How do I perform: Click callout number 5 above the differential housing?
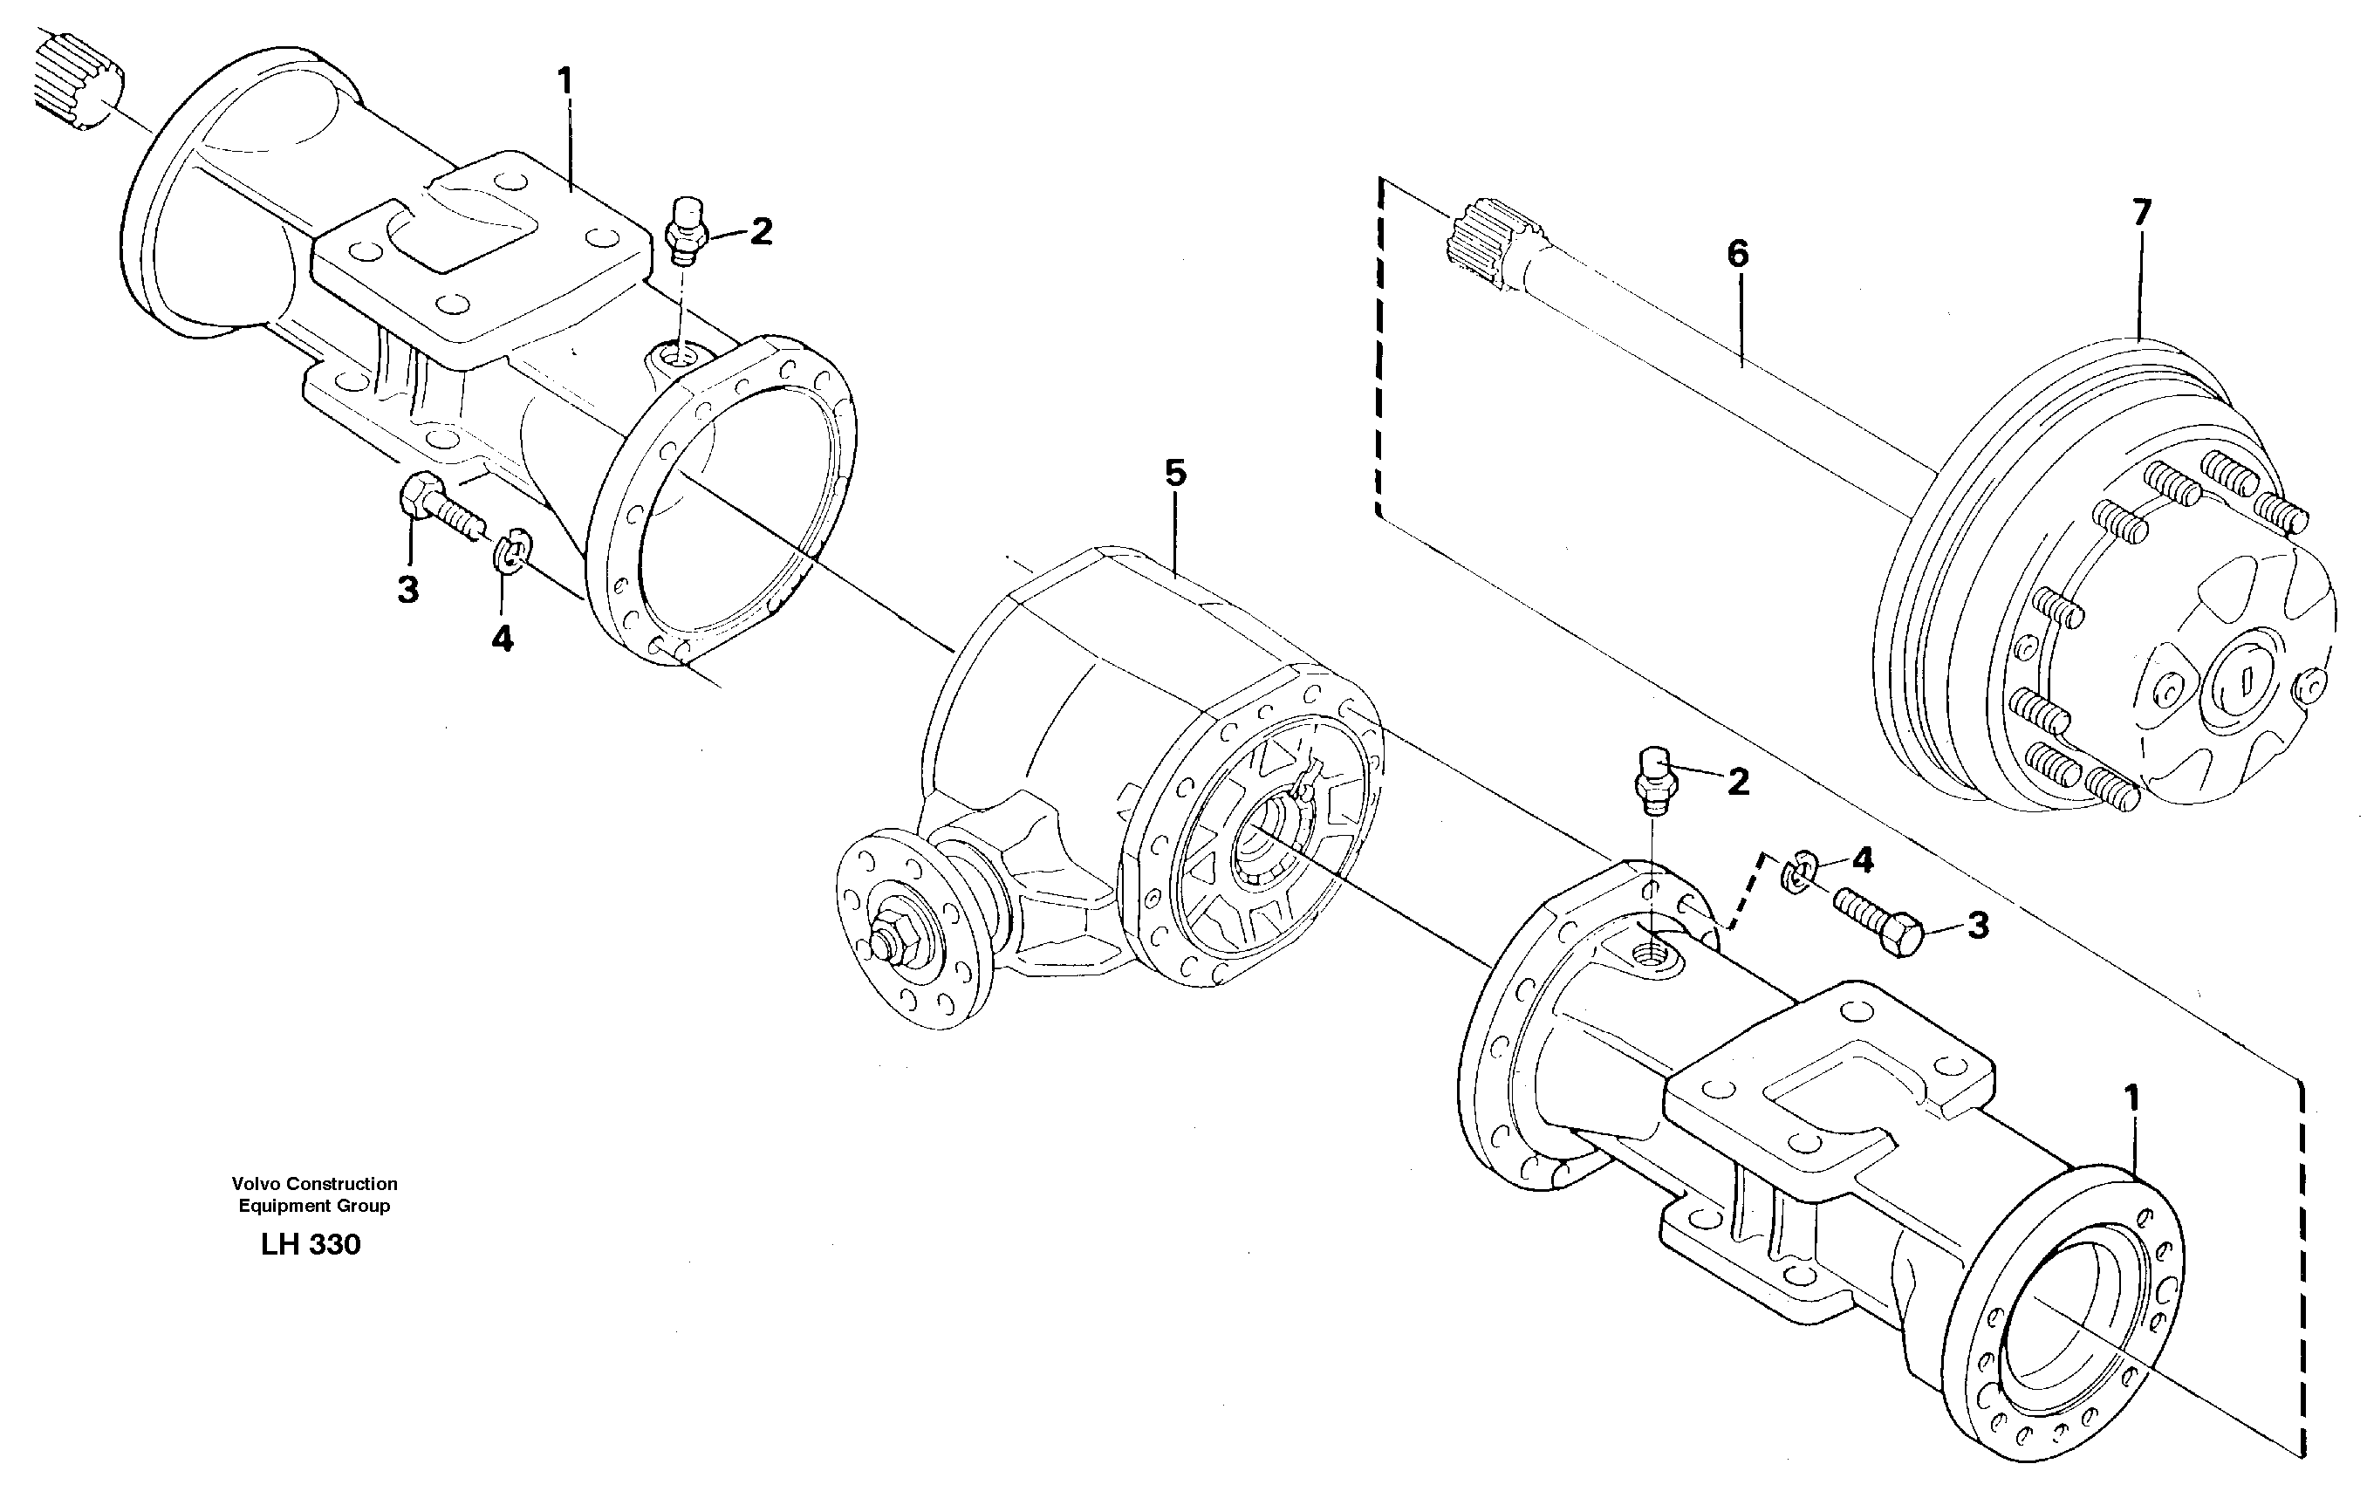(x=1175, y=473)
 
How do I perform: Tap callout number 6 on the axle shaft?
(x=1738, y=255)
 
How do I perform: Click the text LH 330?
(x=311, y=1244)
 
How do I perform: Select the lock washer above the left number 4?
(x=511, y=553)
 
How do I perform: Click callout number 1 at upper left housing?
(x=564, y=79)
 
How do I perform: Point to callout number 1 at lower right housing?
(x=2131, y=1097)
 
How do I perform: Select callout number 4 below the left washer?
(x=502, y=640)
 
